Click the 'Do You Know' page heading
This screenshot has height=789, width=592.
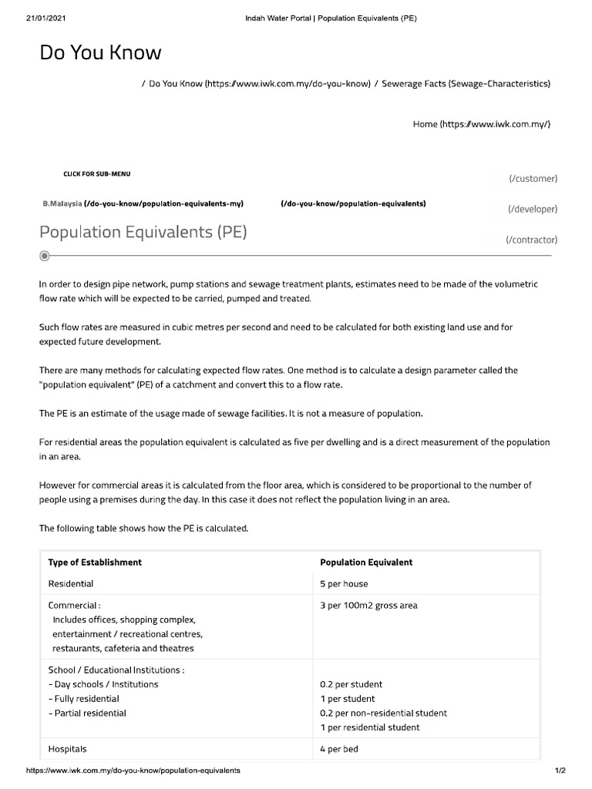(x=100, y=53)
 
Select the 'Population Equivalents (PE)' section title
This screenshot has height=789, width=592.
(x=143, y=231)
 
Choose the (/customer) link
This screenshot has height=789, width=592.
(x=533, y=179)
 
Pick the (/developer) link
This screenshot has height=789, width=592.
(x=532, y=209)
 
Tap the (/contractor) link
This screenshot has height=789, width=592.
(x=531, y=240)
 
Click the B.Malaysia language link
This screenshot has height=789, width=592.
(x=62, y=204)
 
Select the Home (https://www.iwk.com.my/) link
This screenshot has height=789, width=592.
(x=482, y=124)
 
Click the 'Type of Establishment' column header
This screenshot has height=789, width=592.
(x=95, y=562)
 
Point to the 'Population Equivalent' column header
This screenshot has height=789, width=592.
(x=366, y=562)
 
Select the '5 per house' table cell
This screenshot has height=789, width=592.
(x=344, y=584)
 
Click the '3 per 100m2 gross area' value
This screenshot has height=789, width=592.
(x=368, y=606)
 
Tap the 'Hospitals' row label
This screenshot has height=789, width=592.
(x=68, y=749)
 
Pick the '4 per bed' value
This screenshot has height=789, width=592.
(x=339, y=749)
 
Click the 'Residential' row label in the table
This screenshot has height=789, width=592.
(x=71, y=584)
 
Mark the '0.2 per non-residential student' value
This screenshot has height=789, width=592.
(x=383, y=713)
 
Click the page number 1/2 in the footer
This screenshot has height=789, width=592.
(x=560, y=771)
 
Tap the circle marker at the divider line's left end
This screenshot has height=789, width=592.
(x=45, y=255)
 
